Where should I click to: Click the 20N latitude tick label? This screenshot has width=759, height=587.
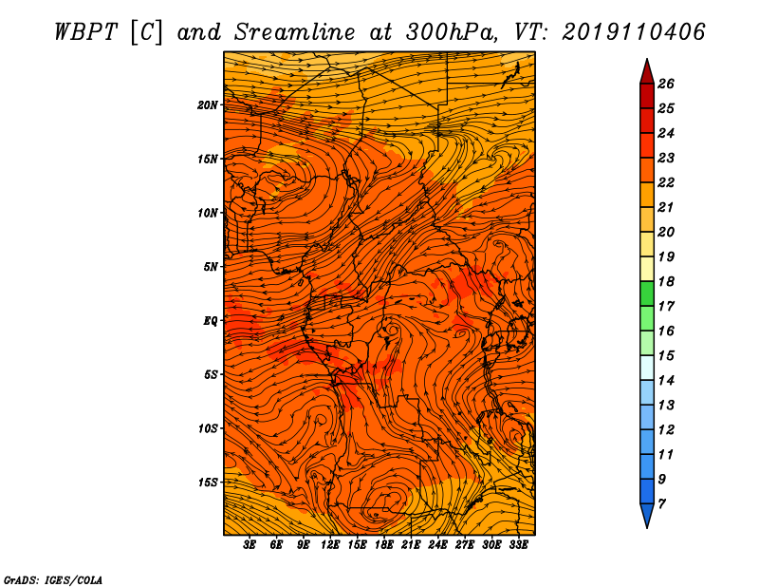(x=208, y=104)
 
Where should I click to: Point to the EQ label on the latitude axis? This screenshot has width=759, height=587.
(x=211, y=320)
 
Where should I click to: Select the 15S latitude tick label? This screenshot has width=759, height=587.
(x=208, y=483)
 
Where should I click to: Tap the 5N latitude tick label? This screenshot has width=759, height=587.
(x=211, y=267)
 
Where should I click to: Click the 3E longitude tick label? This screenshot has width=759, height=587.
(x=250, y=545)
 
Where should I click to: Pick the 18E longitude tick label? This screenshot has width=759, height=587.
(x=384, y=545)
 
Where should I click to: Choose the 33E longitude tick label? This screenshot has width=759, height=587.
(x=518, y=545)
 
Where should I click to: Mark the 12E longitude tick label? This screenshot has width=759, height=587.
(x=330, y=545)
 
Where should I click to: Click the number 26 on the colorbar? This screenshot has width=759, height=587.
(x=666, y=84)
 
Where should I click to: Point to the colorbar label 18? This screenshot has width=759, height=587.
(x=666, y=281)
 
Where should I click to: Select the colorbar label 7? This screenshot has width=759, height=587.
(x=661, y=504)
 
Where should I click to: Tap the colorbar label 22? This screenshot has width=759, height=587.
(x=666, y=182)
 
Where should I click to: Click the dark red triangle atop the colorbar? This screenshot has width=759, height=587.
(x=647, y=73)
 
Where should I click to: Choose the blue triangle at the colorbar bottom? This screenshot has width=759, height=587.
(x=647, y=515)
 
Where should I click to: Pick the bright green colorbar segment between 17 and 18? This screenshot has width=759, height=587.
(x=647, y=293)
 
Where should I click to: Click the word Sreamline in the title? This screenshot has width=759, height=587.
(x=295, y=32)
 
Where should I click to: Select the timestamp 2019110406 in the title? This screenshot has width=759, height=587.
(x=634, y=32)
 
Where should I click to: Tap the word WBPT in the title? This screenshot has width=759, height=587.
(x=85, y=32)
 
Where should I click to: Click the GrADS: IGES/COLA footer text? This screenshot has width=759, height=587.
(x=53, y=580)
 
